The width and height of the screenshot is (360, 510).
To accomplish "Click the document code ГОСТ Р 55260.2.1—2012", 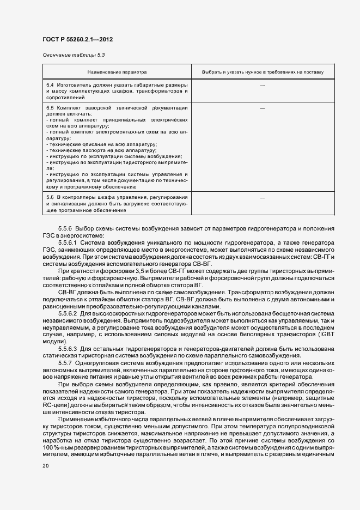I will coord(77,39).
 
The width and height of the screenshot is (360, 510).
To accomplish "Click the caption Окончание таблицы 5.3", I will coord(73,55).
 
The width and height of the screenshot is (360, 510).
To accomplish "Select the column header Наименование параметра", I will coord(117,72).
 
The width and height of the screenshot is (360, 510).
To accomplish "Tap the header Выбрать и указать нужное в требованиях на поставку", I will coord(263,72).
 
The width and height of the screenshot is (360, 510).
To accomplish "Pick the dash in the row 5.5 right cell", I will coord(263,108).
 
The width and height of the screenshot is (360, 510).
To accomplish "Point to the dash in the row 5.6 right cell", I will coord(263,198).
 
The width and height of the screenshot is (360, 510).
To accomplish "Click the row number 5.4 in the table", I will coord(50,86).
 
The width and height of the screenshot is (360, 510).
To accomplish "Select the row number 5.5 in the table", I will coord(50,108).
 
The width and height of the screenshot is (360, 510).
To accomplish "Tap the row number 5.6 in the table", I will coord(50,197).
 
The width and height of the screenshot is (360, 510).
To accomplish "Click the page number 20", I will coord(45,466).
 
